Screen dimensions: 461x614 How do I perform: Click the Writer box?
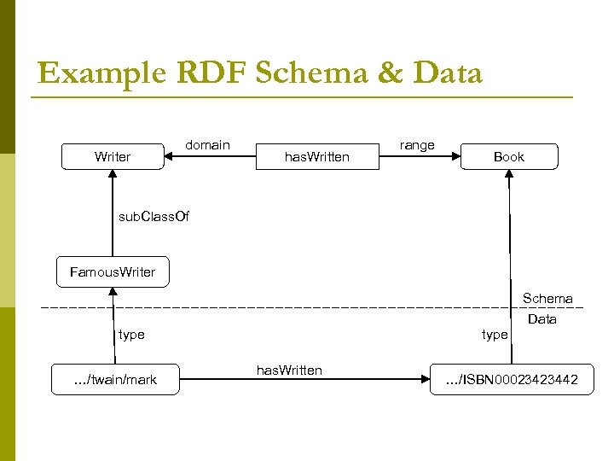click(113, 156)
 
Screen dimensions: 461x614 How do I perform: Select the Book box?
click(508, 156)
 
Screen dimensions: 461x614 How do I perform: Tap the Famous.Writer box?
click(113, 271)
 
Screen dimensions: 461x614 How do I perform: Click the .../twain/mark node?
click(116, 379)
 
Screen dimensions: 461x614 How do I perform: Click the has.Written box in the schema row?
click(316, 156)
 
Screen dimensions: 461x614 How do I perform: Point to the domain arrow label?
click(207, 145)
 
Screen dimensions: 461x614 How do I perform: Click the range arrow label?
click(417, 145)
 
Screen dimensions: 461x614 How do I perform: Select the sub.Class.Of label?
click(153, 216)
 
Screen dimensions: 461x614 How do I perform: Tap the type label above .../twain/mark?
click(131, 335)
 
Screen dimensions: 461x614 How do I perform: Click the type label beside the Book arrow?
click(495, 335)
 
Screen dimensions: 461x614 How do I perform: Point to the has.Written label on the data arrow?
click(289, 370)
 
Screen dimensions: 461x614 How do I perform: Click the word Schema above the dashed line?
click(547, 298)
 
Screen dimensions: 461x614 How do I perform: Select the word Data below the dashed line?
click(542, 319)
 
